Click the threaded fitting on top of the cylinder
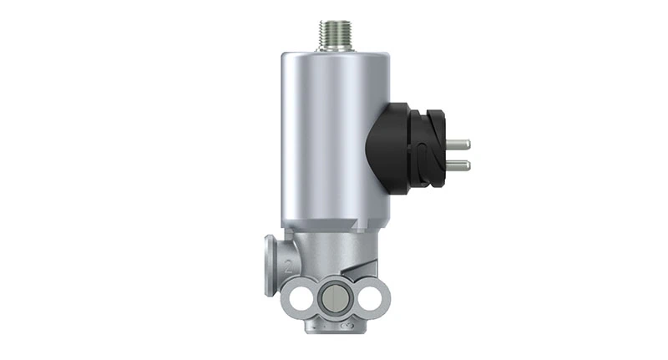[x=334, y=36]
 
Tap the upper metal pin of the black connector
[x=457, y=145]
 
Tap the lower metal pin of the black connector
[x=457, y=165]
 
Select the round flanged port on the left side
[x=272, y=265]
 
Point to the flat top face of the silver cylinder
[x=334, y=55]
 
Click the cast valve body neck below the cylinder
[x=334, y=246]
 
